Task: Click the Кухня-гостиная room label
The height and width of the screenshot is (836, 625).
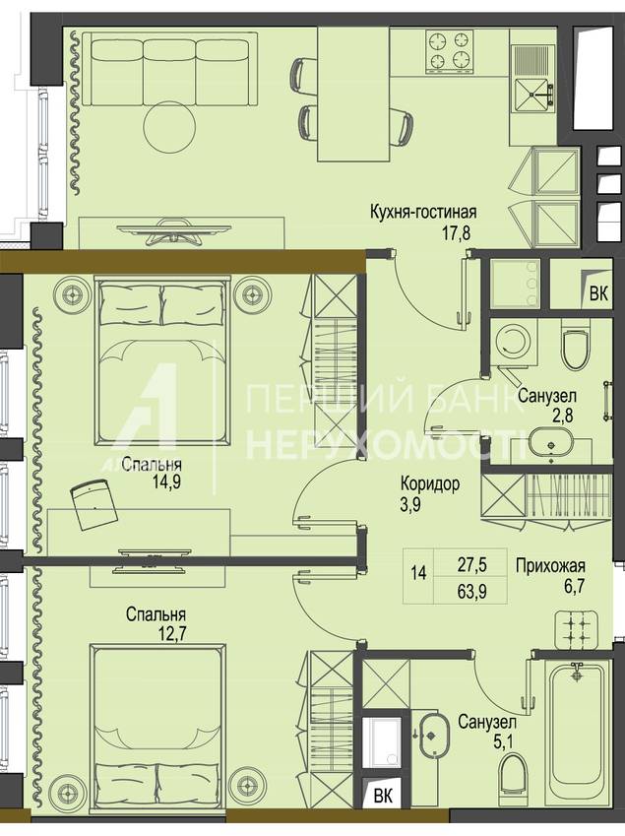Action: tap(423, 212)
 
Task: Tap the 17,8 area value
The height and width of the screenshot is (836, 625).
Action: tap(455, 233)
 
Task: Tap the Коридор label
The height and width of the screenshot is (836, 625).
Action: tap(430, 484)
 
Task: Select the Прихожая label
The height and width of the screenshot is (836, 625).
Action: tap(550, 565)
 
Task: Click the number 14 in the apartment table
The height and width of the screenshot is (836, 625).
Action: tap(418, 574)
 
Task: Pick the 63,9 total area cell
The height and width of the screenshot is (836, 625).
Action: tap(471, 591)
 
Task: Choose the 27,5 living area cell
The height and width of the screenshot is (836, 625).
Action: tap(471, 564)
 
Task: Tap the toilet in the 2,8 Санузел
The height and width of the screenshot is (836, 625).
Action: tap(576, 350)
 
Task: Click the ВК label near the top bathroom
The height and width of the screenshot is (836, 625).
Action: tap(598, 294)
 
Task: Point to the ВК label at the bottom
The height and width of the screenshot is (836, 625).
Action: tap(382, 797)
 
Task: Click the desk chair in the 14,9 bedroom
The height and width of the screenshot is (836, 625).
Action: tap(94, 503)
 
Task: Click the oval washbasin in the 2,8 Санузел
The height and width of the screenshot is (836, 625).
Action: tap(550, 443)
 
